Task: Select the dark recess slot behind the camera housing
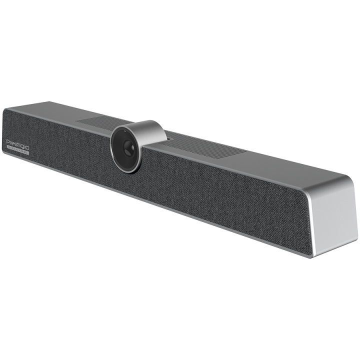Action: click(168, 134)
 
